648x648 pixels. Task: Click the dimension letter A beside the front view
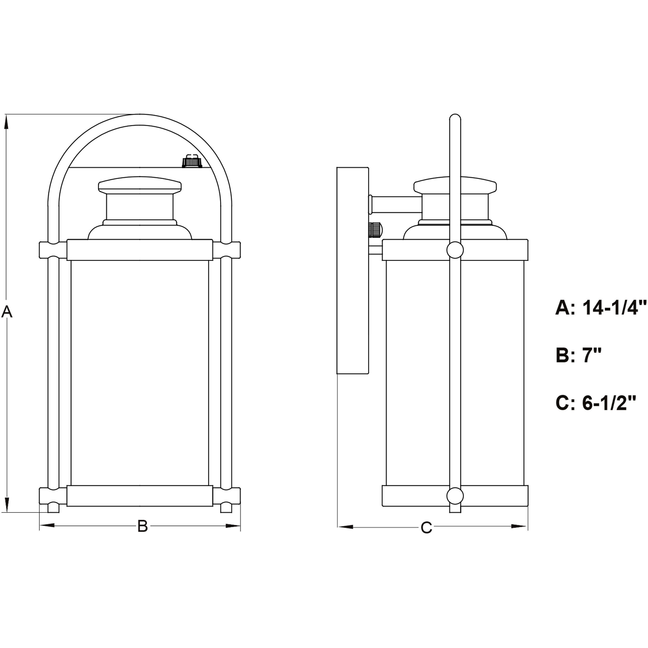tap(7, 312)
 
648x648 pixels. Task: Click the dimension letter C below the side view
tap(426, 528)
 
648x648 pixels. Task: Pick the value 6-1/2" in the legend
tap(609, 403)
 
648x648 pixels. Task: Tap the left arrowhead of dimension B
tap(47, 525)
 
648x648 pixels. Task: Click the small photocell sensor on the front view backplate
tap(192, 162)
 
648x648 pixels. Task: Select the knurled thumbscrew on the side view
tap(375, 230)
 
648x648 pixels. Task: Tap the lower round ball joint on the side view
tap(455, 496)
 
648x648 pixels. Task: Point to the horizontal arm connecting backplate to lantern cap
tap(396, 204)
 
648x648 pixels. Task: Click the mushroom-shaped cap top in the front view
tap(140, 185)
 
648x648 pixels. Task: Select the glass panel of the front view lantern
tap(140, 372)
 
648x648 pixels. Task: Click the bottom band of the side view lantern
tap(419, 496)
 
